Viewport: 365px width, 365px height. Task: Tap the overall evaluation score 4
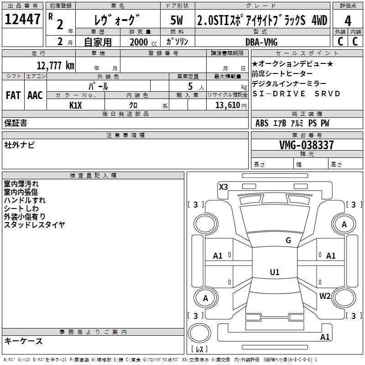pyautogui.click(x=348, y=21)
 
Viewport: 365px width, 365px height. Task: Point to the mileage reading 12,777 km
pyautogui.click(x=55, y=65)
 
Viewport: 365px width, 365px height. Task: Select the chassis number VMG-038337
pyautogui.click(x=306, y=145)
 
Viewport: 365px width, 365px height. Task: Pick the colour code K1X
pyautogui.click(x=76, y=105)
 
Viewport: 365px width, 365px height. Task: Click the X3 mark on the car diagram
pyautogui.click(x=223, y=187)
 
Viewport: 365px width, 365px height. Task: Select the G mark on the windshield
pyautogui.click(x=288, y=240)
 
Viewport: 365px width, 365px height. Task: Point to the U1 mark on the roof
pyautogui.click(x=274, y=272)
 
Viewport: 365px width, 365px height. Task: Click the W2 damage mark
pyautogui.click(x=325, y=296)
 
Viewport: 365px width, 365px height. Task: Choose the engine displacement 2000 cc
pyautogui.click(x=139, y=42)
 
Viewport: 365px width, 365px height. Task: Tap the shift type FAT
pyautogui.click(x=13, y=95)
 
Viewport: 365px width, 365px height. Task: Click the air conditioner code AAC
pyautogui.click(x=35, y=95)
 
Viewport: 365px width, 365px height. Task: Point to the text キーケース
pyautogui.click(x=24, y=341)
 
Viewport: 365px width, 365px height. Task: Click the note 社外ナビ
pyautogui.click(x=19, y=145)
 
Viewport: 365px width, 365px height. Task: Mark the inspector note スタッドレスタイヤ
pyautogui.click(x=34, y=225)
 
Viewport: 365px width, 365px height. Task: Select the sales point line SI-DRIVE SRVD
pyautogui.click(x=296, y=94)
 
